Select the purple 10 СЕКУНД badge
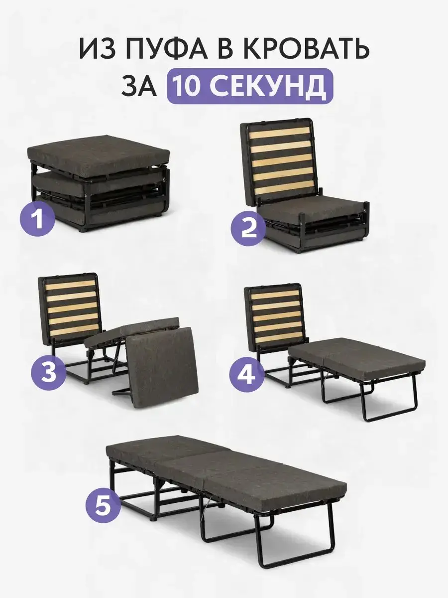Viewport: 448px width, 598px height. (250, 86)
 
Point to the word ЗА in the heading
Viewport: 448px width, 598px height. (139, 86)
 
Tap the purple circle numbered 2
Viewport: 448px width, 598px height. (248, 229)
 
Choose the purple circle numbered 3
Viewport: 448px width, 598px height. (49, 372)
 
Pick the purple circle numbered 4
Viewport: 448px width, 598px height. (246, 376)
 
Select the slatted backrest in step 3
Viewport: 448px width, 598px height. (71, 308)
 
